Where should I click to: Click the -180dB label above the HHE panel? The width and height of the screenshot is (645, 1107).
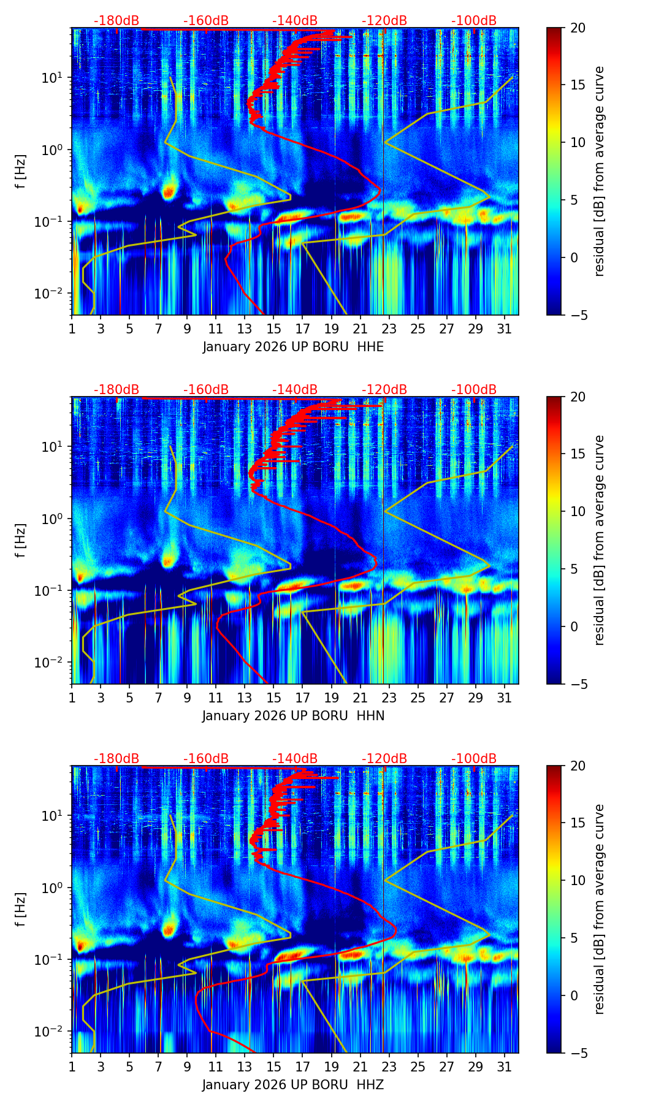pos(116,21)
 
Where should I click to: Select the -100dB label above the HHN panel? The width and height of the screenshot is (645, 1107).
pos(474,390)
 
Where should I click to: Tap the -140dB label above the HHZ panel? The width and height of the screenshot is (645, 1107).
pos(295,759)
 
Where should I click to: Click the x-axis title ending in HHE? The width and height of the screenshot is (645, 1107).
pos(293,347)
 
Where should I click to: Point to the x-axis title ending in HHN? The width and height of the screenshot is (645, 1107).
pos(293,716)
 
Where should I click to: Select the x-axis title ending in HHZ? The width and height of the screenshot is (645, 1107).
pos(293,1085)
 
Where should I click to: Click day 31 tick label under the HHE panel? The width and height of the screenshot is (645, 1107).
pos(504,329)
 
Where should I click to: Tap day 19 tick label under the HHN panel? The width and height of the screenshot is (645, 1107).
pos(331,698)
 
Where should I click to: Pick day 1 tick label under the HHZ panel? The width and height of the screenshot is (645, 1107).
pos(72,1067)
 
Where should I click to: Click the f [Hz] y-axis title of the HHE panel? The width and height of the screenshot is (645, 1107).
pos(21,172)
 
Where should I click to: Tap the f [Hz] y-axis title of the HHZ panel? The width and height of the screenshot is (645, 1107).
pos(21,910)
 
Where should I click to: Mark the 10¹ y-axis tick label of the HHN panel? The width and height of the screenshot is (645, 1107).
pos(55,446)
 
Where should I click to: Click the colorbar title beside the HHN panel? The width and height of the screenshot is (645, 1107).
pos(599,540)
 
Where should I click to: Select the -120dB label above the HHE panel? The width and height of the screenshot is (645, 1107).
pos(384,21)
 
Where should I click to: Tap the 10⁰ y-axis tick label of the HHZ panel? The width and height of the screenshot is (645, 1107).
pos(55,888)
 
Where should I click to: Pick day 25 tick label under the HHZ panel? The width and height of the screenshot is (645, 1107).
pos(418,1067)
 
